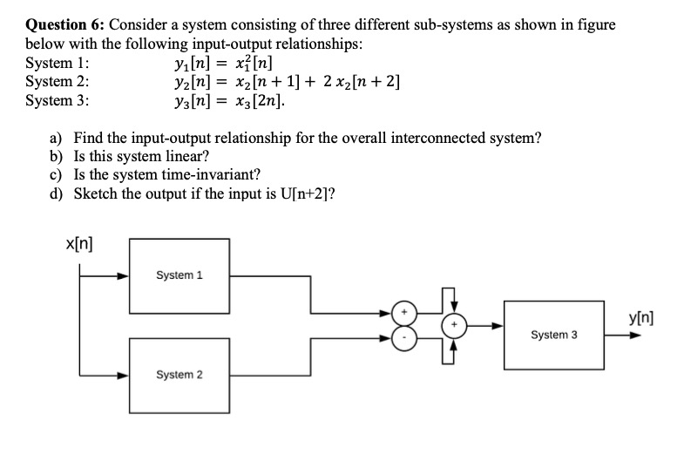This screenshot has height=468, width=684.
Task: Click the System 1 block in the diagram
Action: tap(179, 275)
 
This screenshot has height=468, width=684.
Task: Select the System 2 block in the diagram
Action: tap(179, 375)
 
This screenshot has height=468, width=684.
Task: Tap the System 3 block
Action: tap(555, 335)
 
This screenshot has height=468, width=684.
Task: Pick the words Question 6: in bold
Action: tap(65, 24)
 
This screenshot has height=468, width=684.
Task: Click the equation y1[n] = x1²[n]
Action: tap(224, 64)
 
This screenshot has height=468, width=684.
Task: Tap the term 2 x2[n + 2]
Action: tap(360, 83)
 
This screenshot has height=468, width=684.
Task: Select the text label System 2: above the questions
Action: tap(57, 83)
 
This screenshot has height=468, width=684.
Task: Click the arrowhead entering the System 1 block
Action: tap(124, 275)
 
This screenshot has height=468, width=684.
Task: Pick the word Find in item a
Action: tap(89, 138)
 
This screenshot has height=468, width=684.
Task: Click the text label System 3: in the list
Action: tap(57, 102)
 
